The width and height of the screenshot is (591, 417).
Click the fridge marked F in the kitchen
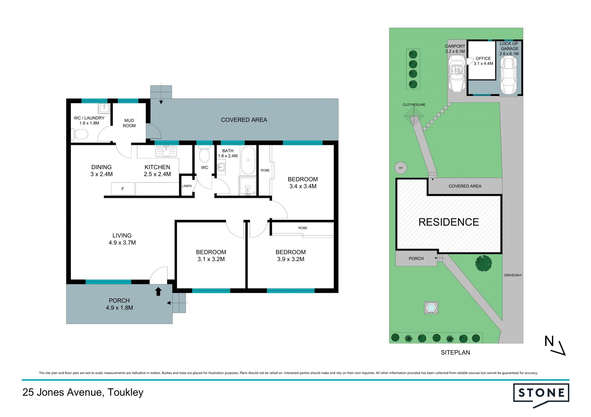click(x=123, y=189)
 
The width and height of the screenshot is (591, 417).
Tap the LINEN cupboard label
click(x=187, y=186)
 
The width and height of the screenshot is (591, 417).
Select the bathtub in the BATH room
click(x=248, y=160)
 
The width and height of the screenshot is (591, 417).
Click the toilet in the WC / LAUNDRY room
click(x=80, y=134)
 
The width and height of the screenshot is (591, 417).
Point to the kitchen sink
click(x=166, y=151)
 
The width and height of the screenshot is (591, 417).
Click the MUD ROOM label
click(x=129, y=123)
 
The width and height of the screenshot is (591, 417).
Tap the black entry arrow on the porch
click(x=158, y=292)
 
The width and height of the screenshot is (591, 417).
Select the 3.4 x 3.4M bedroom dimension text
click(x=303, y=186)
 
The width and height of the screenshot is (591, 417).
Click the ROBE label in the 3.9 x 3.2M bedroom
click(x=303, y=228)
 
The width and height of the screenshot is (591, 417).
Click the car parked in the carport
click(x=456, y=73)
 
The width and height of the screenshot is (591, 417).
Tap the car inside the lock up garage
click(x=509, y=75)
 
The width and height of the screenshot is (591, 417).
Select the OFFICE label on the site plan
click(x=483, y=58)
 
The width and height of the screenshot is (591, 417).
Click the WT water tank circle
click(x=401, y=168)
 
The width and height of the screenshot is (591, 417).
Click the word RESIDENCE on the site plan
click(x=449, y=222)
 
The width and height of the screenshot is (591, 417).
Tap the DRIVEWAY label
click(x=513, y=275)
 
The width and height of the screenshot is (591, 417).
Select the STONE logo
click(x=541, y=395)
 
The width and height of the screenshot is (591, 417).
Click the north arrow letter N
click(x=549, y=341)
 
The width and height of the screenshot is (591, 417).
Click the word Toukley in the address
click(x=126, y=393)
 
